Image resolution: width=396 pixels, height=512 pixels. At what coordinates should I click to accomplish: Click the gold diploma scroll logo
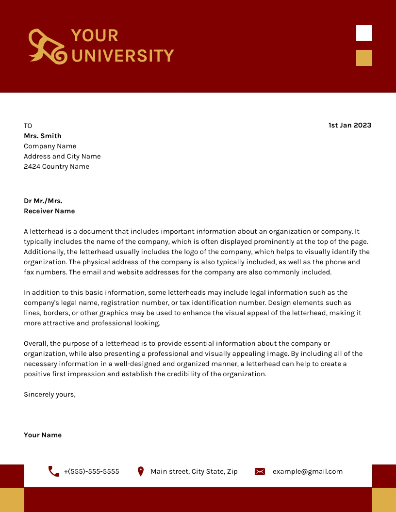pos(47,47)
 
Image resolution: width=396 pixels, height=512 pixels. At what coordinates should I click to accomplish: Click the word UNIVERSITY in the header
pos(122,56)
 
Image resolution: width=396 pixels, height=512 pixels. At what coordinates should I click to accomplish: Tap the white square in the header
pos(364,33)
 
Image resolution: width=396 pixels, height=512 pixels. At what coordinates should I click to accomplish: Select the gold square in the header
pos(364,58)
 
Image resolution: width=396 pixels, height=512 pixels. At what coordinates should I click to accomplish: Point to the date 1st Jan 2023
pos(349,125)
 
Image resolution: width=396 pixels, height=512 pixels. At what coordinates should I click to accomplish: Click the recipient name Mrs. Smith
pos(43,136)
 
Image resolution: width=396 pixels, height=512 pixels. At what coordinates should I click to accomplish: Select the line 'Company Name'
pos(50,146)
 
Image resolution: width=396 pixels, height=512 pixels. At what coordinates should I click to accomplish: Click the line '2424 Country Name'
pos(56,166)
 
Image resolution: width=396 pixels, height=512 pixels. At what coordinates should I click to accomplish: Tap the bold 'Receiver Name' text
pos(49,211)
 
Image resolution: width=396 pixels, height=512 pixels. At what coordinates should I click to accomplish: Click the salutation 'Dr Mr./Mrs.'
pos(43,201)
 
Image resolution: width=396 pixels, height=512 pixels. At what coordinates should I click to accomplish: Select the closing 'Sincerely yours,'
pos(49,394)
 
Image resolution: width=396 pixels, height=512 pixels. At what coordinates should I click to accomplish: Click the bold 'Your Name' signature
pos(43,435)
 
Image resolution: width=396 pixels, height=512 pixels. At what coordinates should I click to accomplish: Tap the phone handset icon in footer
pos(54,471)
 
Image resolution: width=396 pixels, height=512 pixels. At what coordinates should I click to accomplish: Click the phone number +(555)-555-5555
pos(91,471)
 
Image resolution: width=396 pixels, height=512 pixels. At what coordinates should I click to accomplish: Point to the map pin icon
pos(141,471)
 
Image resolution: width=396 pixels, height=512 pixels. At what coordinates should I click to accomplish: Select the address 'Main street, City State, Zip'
pos(194,471)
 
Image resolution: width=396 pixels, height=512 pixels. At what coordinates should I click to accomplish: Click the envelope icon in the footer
pos(260,471)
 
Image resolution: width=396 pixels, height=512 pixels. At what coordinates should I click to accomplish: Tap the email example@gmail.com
pos(307,471)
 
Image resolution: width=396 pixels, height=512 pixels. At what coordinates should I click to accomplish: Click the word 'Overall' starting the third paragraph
pos(35,343)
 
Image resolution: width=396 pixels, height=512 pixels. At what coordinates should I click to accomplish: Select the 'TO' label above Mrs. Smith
pos(28,126)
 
